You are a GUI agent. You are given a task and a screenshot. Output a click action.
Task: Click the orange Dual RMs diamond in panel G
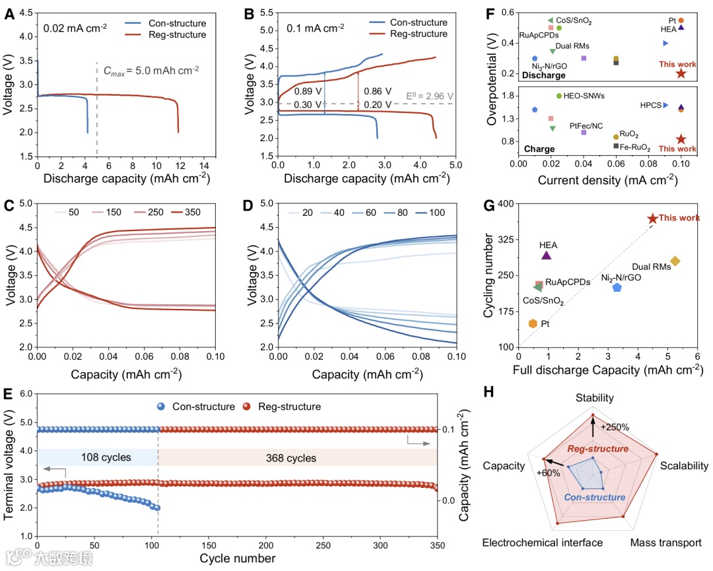point(675,261)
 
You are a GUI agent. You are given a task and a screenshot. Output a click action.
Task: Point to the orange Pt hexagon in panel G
point(532,323)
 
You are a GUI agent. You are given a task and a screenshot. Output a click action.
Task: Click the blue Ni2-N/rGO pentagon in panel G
point(617,287)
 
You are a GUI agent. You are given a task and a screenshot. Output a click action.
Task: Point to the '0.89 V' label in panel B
point(307,91)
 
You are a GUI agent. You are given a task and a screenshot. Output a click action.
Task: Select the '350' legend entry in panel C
point(191,213)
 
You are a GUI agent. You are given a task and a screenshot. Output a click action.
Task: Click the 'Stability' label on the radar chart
point(594,398)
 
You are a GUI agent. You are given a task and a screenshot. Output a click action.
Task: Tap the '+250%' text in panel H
point(615,426)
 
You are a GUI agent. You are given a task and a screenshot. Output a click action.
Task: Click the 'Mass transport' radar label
point(665,543)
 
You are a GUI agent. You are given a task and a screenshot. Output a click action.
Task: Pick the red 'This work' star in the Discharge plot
point(681,73)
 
